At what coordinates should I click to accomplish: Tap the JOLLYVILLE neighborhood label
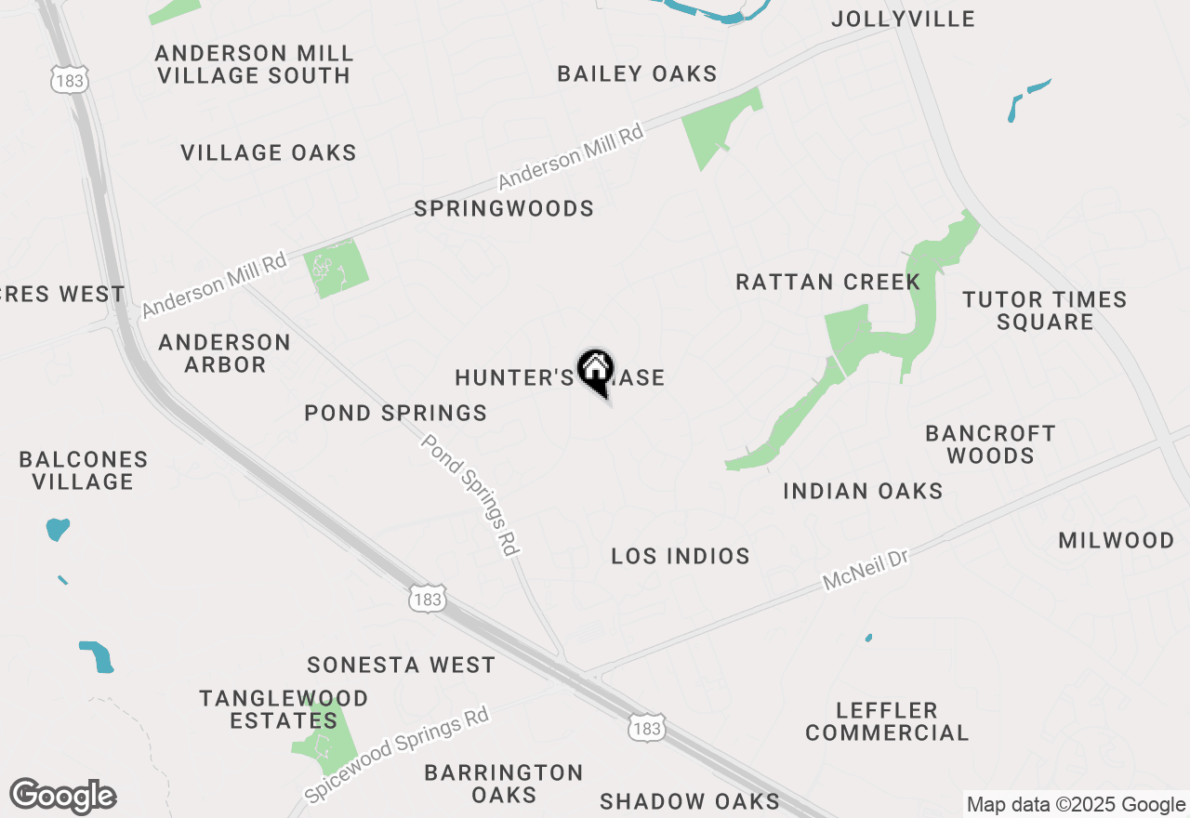[903, 19]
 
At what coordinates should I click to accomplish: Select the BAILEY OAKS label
[637, 73]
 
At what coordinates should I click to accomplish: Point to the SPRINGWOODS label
[504, 208]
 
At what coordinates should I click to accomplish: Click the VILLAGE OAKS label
[269, 152]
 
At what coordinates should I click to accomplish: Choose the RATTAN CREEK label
[827, 282]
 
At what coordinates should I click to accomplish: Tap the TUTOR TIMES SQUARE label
[1045, 310]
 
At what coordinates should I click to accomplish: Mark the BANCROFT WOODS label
[991, 444]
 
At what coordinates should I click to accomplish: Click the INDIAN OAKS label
[863, 491]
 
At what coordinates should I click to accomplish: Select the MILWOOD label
[1117, 540]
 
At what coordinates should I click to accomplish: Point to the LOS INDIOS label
[681, 556]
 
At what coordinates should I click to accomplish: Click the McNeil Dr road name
[864, 569]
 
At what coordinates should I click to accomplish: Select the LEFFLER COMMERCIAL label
[887, 721]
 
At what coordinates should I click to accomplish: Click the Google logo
[62, 797]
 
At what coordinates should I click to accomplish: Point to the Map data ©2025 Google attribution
[1076, 805]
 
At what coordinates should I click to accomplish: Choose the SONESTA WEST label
[401, 665]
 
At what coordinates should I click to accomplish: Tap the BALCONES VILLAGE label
[84, 470]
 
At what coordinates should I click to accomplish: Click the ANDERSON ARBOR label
[224, 353]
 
